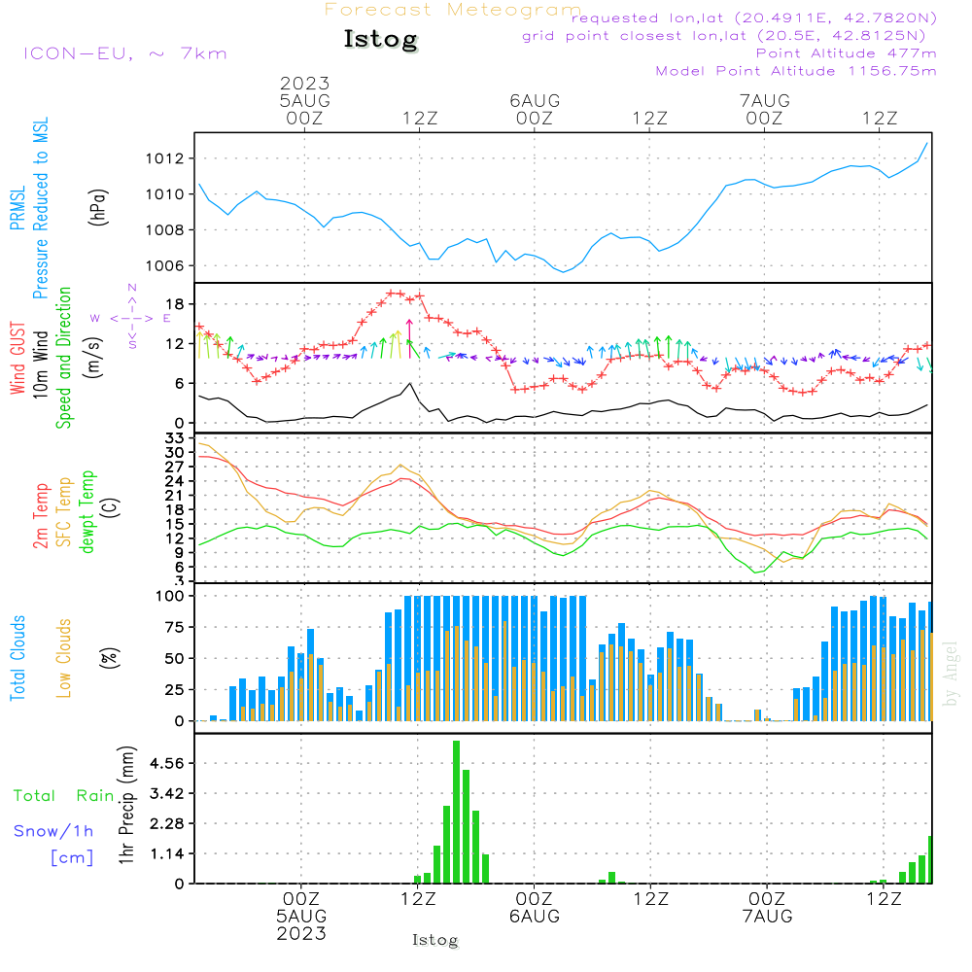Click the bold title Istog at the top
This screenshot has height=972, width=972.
point(381,39)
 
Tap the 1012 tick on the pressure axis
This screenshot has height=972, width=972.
point(165,158)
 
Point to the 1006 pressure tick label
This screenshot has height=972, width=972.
point(165,266)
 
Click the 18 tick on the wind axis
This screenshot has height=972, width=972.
point(175,303)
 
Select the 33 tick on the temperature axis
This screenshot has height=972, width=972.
point(175,439)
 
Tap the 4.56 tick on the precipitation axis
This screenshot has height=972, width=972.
point(167,763)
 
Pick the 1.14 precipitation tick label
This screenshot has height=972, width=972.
point(167,853)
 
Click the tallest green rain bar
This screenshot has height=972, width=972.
point(456,812)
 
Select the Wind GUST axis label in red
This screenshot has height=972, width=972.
point(17,358)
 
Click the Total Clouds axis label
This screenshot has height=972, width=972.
point(17,658)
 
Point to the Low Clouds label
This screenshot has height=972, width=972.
point(64,658)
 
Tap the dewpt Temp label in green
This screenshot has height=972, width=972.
point(87,511)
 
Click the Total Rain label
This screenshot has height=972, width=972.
point(64,795)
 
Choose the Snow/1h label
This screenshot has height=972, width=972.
point(53,831)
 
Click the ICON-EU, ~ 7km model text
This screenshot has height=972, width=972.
point(125,53)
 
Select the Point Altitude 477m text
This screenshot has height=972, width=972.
point(847,53)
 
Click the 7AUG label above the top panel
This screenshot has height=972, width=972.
point(765,100)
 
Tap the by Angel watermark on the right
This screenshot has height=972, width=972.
point(951,674)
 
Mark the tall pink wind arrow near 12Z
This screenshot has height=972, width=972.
point(409,338)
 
